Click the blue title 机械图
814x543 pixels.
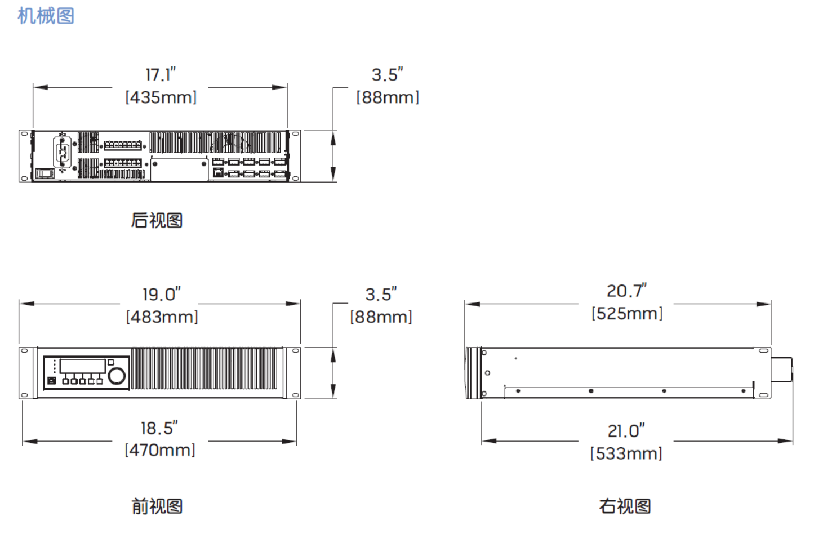(x=46, y=16)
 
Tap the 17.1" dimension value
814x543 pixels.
(x=161, y=75)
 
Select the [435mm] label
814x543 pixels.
(x=161, y=97)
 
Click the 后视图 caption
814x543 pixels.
(x=157, y=220)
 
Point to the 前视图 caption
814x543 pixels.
(x=157, y=506)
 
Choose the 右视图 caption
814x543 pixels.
(x=625, y=506)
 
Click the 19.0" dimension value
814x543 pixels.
(x=161, y=294)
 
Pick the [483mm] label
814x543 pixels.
(x=162, y=317)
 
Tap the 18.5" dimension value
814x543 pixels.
(x=159, y=428)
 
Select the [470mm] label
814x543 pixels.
(x=160, y=450)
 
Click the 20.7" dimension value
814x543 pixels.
(x=626, y=291)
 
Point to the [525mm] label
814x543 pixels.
(x=626, y=313)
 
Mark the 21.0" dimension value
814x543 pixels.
(x=626, y=431)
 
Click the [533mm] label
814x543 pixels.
(x=626, y=453)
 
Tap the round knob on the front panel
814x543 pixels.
(x=117, y=376)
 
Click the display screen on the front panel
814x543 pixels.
(x=82, y=366)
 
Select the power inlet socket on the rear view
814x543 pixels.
(x=63, y=152)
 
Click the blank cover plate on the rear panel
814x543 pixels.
(x=180, y=169)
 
